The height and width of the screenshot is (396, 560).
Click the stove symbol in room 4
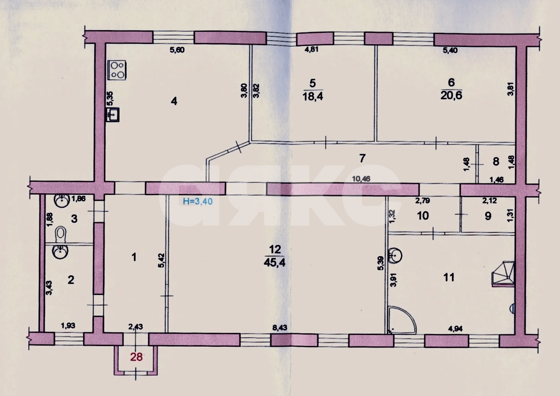(x=117, y=70)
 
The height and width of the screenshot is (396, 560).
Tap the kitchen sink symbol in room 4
(x=113, y=115)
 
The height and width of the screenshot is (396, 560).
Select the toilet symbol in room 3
(x=61, y=234)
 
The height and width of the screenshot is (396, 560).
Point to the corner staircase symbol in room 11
(x=503, y=274)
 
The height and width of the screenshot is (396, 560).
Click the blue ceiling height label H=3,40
(x=198, y=201)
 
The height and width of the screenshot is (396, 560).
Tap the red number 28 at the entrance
(x=136, y=357)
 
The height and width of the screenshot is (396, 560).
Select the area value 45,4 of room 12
(x=274, y=262)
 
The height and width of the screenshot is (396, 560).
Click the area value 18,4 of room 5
(x=312, y=96)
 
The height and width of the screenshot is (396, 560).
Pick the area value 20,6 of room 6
(x=451, y=95)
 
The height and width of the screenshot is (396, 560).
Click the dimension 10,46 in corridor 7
(x=361, y=179)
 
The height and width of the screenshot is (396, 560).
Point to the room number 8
(x=496, y=162)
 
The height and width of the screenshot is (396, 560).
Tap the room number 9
(x=488, y=216)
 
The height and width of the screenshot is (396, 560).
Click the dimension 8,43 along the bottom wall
(x=280, y=328)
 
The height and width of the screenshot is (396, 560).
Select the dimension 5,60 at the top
(x=177, y=50)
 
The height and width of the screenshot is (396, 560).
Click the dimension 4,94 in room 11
(x=455, y=329)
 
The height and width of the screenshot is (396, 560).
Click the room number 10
(x=423, y=216)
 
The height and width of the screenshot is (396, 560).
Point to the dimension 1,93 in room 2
(x=68, y=325)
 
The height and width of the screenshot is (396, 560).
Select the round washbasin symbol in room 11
(x=395, y=256)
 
